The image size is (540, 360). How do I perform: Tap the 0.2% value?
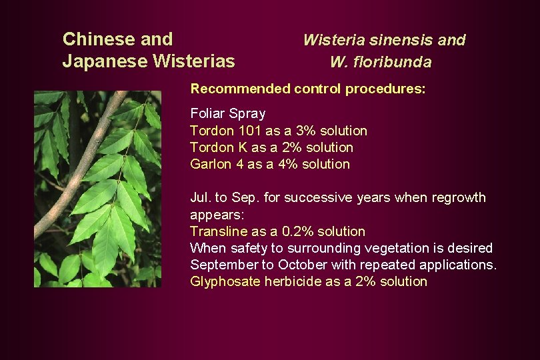[294, 231]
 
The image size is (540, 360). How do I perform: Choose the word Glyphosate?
[225, 282]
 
